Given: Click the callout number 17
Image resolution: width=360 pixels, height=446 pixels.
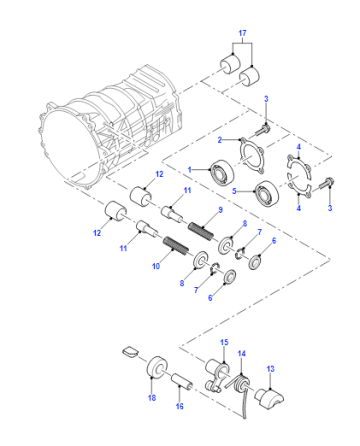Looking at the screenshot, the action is (242, 33).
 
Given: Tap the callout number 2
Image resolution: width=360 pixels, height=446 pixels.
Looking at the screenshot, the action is (220, 140).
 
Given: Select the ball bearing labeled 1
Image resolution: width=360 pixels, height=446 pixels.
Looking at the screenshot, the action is (222, 172).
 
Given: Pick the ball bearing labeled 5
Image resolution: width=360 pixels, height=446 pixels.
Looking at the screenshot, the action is (267, 193).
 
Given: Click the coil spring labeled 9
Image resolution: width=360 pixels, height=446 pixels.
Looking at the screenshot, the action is (200, 231).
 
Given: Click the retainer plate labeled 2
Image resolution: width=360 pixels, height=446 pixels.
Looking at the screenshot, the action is (252, 155).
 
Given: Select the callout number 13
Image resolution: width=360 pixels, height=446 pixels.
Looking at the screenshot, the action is (270, 369).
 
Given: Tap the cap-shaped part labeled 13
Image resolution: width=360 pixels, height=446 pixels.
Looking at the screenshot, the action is (269, 398).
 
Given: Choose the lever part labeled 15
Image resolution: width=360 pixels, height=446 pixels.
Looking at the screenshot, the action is (217, 375).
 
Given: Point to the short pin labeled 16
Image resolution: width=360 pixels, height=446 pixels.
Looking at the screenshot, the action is (182, 382).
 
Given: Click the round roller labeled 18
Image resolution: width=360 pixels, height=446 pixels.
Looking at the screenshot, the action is (157, 367).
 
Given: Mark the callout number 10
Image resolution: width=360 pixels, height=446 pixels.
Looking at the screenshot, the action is (156, 266).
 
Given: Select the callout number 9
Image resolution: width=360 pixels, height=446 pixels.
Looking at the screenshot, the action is (220, 210).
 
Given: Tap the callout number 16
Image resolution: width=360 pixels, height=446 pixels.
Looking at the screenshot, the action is (180, 406).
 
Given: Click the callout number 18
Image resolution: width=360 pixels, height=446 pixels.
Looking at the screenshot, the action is (152, 397).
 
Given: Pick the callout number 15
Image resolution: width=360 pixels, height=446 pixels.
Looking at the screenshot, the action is (224, 342).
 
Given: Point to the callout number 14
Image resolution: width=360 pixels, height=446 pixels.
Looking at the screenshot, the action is (242, 353).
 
